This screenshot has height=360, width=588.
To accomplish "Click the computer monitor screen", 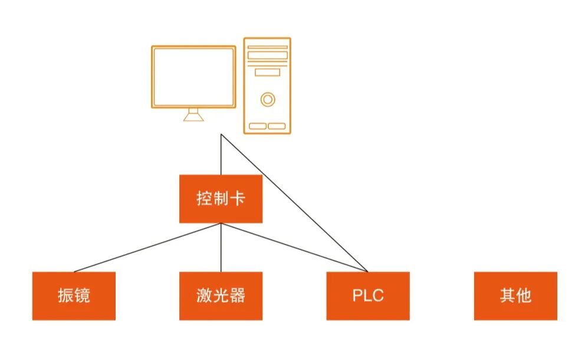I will pos(193,77).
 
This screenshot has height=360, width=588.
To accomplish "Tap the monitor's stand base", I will pos(193,117).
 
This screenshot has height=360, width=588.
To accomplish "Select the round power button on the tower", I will pos(268,99).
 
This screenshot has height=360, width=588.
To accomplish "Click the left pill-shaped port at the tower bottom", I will pos(258,126).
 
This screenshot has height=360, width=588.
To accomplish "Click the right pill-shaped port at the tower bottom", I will pos(277,126).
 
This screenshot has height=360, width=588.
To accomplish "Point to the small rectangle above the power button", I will pos(268,72).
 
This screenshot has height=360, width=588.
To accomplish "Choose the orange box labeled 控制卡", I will pos(221,199).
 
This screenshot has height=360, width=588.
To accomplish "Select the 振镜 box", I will pos(74,296).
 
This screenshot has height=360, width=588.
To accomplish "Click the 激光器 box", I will pos(221,296).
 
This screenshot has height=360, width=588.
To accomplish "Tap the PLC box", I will pos(368,296).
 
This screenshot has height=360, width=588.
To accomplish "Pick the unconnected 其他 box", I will pos(515,296).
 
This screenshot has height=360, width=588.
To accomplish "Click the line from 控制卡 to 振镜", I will pos(147,247).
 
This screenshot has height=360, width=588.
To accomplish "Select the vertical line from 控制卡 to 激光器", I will pos(221,248).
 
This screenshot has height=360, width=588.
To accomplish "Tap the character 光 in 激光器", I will pos(221,296).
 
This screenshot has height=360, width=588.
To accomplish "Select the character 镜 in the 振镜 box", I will pos(83,296).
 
